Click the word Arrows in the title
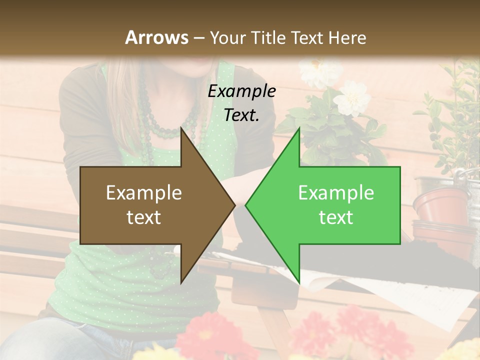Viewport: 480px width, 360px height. [x=157, y=37]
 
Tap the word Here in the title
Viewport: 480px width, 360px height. [x=347, y=37]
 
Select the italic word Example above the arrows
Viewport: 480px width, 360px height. [x=241, y=91]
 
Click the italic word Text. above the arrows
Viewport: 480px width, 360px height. [x=241, y=115]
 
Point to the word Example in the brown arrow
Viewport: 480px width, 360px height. [x=144, y=193]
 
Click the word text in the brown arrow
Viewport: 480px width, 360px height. [x=144, y=217]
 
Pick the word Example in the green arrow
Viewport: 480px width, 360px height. [x=336, y=193]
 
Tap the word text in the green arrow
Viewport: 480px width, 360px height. [x=336, y=217]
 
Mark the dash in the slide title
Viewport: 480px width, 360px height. [x=198, y=38]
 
